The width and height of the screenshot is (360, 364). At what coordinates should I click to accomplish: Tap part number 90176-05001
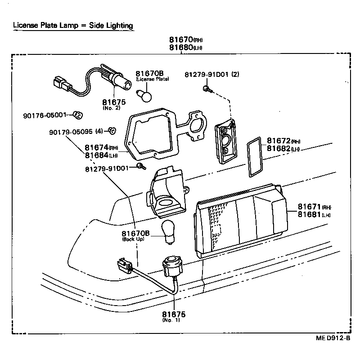45,115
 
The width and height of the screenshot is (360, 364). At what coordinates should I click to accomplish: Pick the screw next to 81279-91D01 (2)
206,89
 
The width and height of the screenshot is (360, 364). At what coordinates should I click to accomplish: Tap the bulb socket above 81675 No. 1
171,266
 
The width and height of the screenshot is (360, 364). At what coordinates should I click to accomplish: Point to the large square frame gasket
150,135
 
